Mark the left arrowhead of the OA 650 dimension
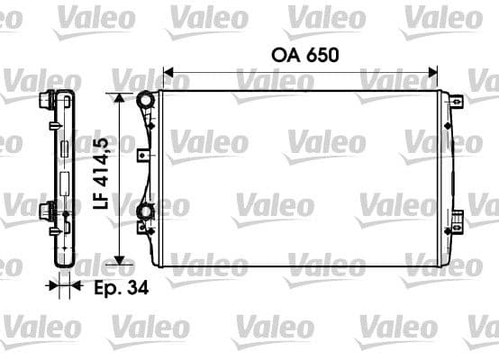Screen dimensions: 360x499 click(x=167, y=72)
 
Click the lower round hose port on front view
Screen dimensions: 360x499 click(x=143, y=212)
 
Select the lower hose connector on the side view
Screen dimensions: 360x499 click(x=46, y=211)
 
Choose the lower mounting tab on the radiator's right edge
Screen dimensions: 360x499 click(x=457, y=216)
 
